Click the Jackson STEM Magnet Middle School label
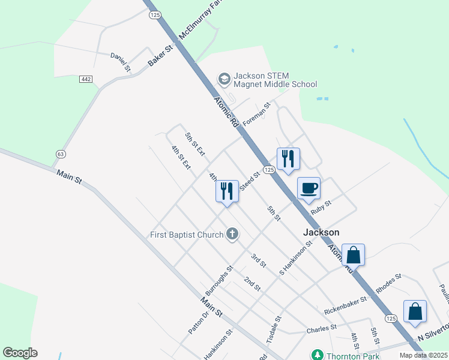[275, 80]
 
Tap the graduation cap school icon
[224, 79]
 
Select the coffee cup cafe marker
[309, 188]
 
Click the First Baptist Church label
[187, 235]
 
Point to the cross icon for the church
[232, 234]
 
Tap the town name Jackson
[321, 232]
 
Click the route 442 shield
[86, 79]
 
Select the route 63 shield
[60, 154]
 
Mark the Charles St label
[321, 329]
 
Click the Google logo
[20, 353]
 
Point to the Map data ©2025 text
[423, 355]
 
